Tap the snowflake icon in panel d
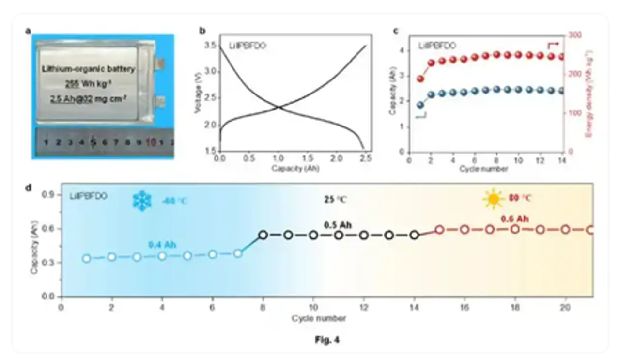(142, 200)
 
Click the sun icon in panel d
(493, 199)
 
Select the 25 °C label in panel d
(335, 199)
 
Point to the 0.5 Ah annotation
(338, 225)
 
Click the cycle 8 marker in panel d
(263, 235)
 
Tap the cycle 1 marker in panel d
(87, 258)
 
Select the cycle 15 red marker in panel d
(439, 230)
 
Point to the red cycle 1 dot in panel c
(420, 79)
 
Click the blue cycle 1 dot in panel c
(420, 105)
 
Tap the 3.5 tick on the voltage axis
(211, 46)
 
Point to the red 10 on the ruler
(151, 142)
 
